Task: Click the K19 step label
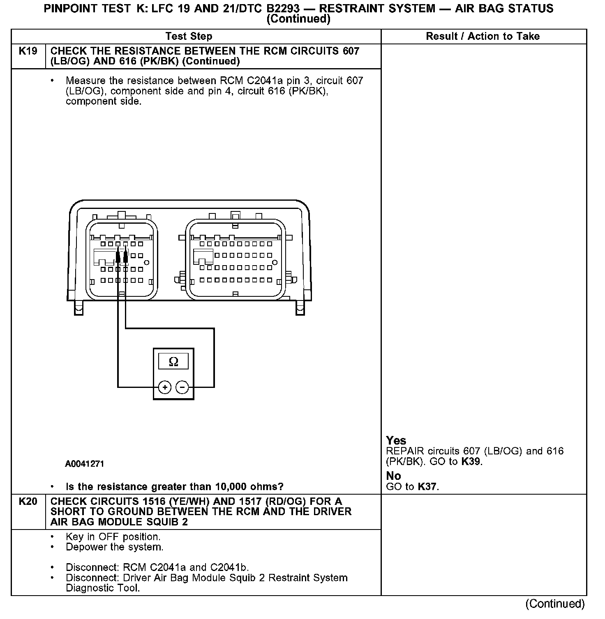click(x=28, y=51)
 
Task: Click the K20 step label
click(x=28, y=502)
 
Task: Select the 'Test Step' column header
click(x=189, y=37)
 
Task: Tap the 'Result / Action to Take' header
click(x=483, y=37)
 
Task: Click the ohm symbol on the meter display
click(x=173, y=362)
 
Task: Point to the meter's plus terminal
click(x=164, y=387)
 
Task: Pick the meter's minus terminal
click(x=182, y=387)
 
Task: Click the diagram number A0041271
click(x=85, y=464)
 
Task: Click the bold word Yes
click(x=396, y=441)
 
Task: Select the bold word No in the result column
click(x=393, y=476)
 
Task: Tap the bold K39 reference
click(x=471, y=462)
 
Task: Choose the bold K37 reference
click(x=427, y=487)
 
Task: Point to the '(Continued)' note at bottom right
click(x=555, y=604)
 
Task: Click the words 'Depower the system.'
click(x=115, y=547)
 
